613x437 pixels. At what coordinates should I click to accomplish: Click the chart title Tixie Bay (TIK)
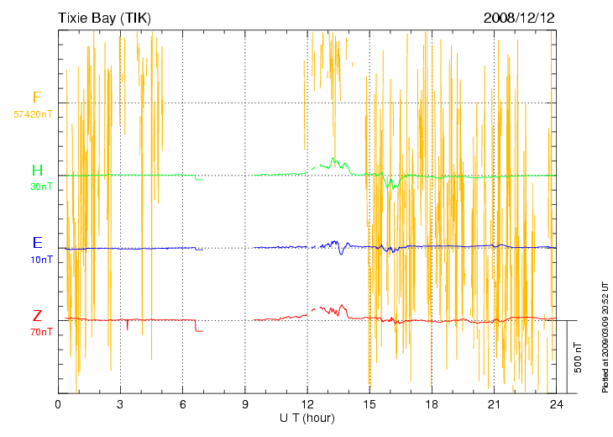pos(104,18)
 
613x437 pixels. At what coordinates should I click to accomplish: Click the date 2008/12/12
pos(520,18)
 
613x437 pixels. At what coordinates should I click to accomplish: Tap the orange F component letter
pos(37,98)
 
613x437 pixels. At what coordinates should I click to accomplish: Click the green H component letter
pos(37,171)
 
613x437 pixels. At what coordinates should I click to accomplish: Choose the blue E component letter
pos(37,243)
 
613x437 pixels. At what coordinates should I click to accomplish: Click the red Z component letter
pos(37,316)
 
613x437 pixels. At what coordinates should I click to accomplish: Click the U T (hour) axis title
pos(307,419)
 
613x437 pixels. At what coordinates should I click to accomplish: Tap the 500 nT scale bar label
pos(578,358)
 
